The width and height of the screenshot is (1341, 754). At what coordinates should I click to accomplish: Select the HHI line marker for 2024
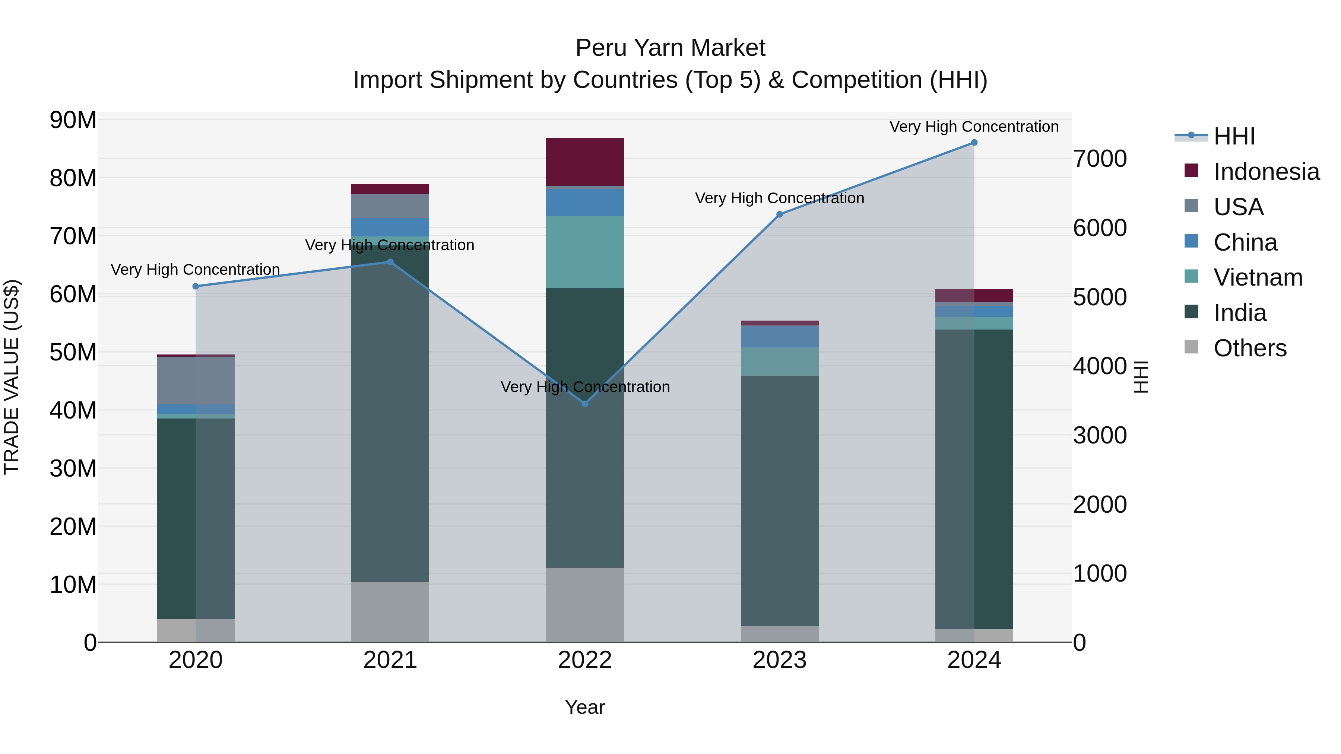pyautogui.click(x=974, y=143)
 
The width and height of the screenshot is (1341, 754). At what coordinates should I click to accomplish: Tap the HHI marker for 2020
pyautogui.click(x=196, y=286)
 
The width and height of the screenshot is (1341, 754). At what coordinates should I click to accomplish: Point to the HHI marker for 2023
pyautogui.click(x=779, y=214)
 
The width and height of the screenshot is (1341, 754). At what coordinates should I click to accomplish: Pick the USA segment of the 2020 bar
pyautogui.click(x=196, y=381)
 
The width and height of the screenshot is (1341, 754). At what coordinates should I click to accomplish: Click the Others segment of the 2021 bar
pyautogui.click(x=390, y=611)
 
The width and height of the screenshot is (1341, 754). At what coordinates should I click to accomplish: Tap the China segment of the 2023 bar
pyautogui.click(x=779, y=336)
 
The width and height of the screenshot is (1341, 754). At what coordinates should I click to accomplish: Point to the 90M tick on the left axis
pyautogui.click(x=73, y=120)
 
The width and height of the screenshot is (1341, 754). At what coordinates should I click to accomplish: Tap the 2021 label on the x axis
pyautogui.click(x=390, y=660)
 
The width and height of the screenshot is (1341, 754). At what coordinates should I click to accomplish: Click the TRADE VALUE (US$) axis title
pyautogui.click(x=12, y=377)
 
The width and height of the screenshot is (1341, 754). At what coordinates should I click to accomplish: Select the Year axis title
pyautogui.click(x=584, y=707)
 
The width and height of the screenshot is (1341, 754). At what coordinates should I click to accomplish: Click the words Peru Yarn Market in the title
pyautogui.click(x=670, y=48)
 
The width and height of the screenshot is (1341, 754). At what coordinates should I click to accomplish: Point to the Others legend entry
pyautogui.click(x=1249, y=348)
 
